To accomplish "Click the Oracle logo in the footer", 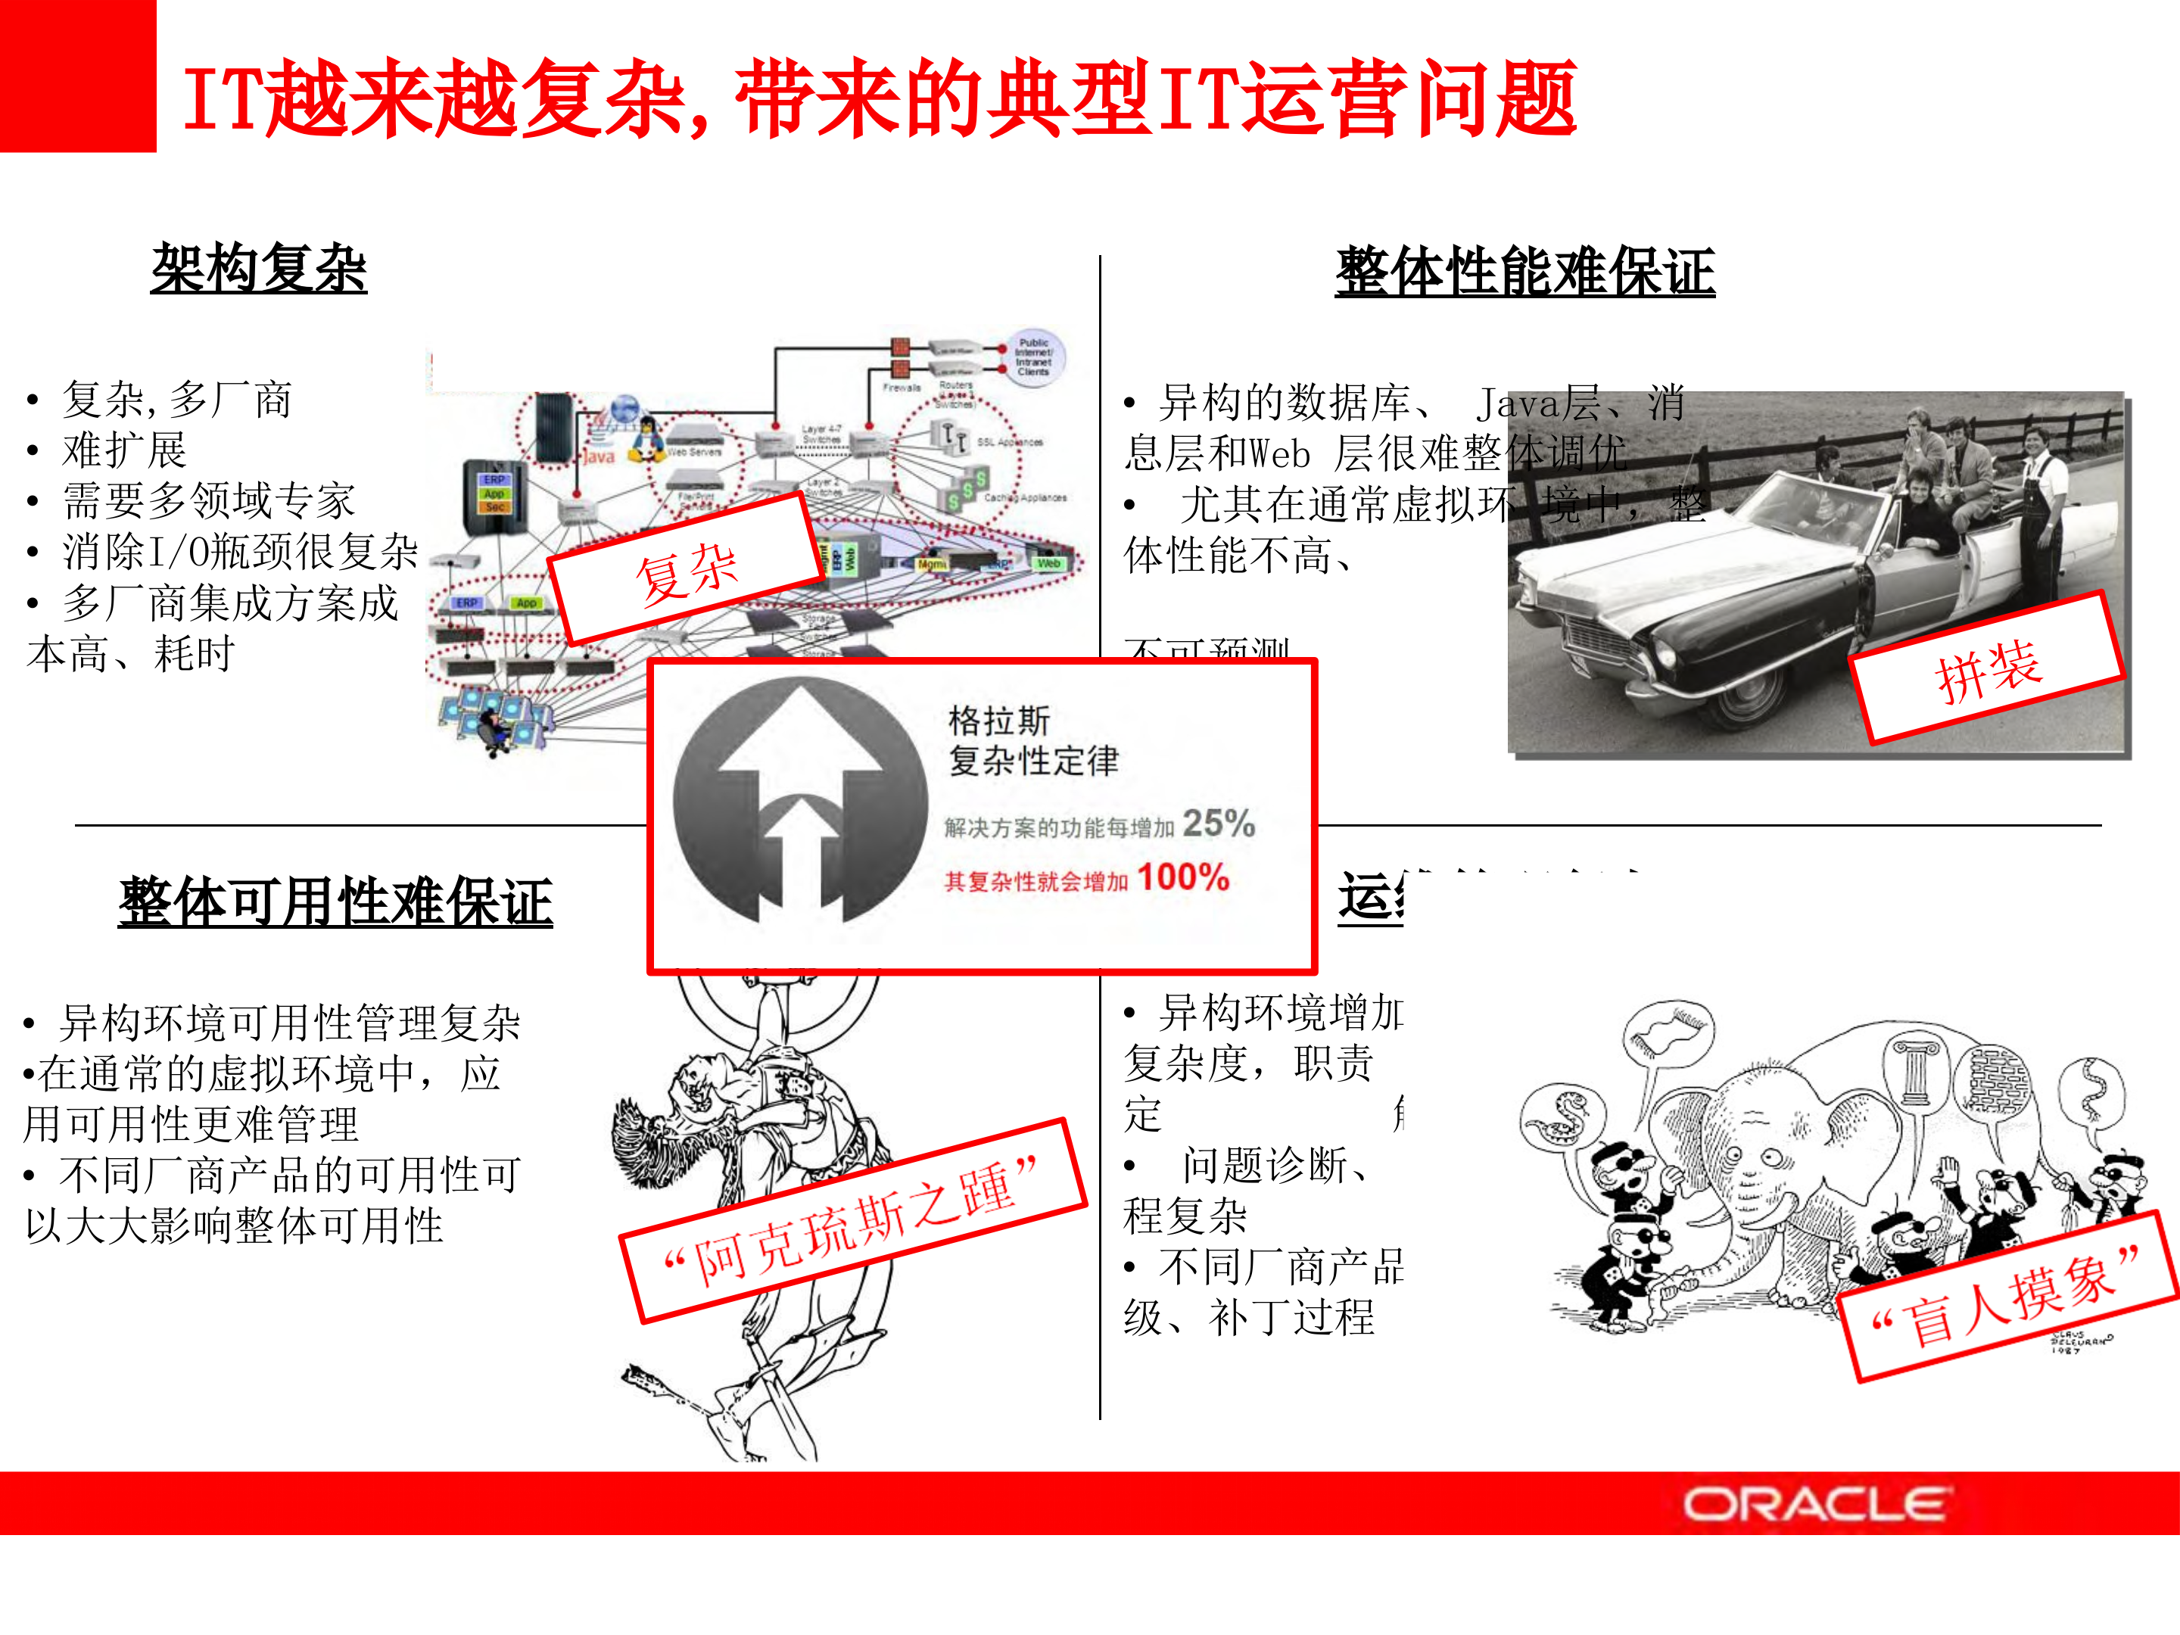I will pos(1814,1505).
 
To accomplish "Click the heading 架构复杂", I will pos(258,268).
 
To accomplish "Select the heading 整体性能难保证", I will pos(1524,272).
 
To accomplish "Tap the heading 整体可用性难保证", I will pos(335,901).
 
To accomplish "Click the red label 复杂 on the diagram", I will pos(686,571).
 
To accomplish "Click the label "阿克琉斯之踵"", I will pos(852,1222).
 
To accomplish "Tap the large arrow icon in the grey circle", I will pos(800,800).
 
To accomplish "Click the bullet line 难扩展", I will pos(124,450).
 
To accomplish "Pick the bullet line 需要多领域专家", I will pos(208,500).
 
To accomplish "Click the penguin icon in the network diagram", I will pos(646,438).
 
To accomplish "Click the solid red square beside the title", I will pos(78,76).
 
